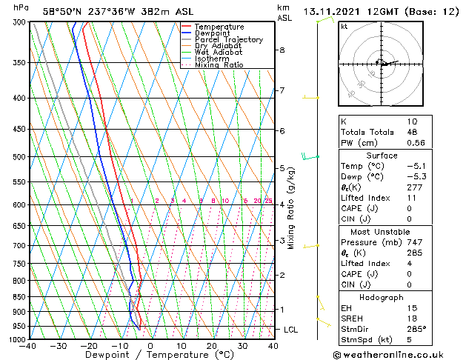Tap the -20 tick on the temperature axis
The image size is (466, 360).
tap(89, 345)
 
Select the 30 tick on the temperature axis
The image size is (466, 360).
tap(242, 345)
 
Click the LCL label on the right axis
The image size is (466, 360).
tap(291, 329)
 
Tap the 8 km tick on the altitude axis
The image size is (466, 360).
tap(282, 50)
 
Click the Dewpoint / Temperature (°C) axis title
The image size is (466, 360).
tap(151, 355)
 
